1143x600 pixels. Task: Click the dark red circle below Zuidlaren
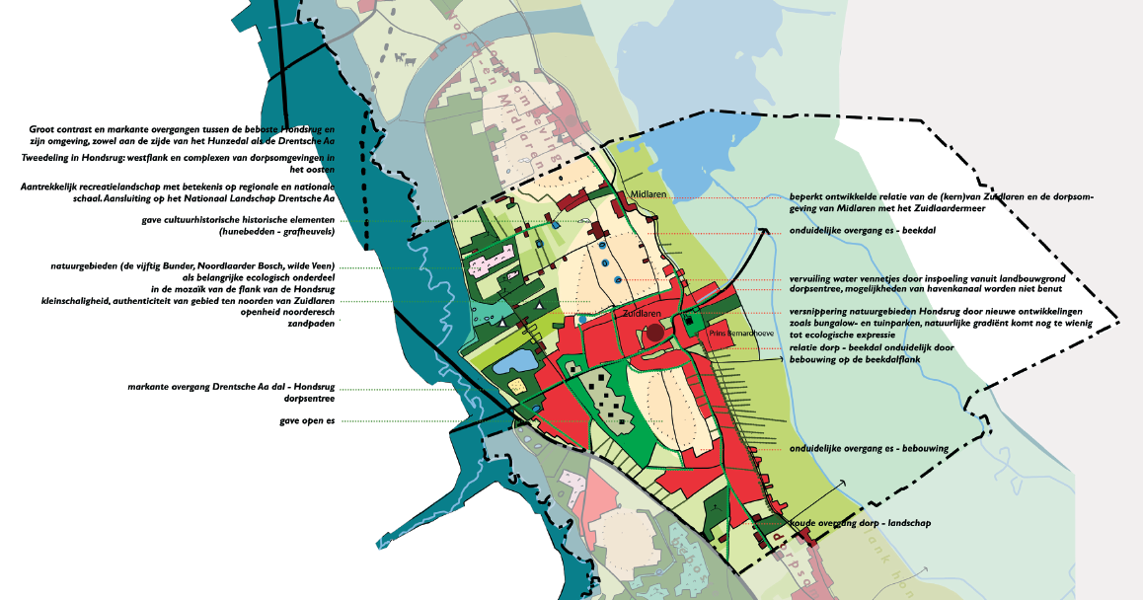coord(655,333)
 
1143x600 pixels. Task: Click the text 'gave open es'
coord(308,421)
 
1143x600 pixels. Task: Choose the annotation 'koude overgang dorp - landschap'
coord(860,523)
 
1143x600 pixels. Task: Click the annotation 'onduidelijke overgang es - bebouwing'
coord(869,448)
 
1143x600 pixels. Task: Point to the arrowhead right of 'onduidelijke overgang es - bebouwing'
coord(843,482)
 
